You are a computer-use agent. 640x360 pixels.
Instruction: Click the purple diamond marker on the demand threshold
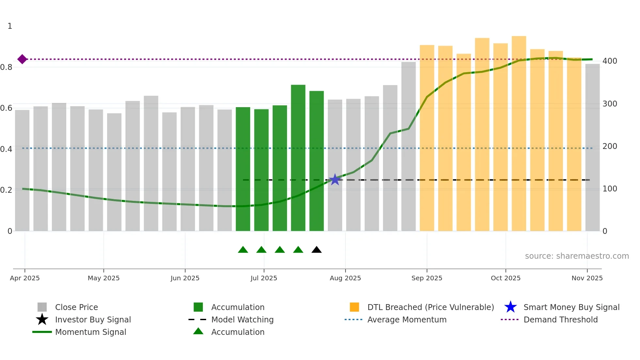22,59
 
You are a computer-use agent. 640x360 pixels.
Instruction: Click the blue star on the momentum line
335,180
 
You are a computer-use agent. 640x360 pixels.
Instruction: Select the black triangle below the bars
316,250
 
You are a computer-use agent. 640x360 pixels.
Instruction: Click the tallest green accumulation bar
298,157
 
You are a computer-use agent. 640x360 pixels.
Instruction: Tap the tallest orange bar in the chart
519,131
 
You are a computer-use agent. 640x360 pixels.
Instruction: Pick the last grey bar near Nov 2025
592,147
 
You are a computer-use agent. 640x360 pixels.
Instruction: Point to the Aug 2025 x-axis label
345,278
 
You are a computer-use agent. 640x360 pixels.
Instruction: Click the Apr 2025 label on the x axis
25,278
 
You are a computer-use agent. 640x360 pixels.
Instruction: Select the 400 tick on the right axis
610,61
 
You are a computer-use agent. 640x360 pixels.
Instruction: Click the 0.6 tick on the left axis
6,108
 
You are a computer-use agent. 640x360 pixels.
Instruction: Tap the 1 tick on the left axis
10,26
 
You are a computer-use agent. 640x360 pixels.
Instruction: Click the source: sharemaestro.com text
577,256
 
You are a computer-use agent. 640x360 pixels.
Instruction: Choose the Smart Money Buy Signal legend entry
571,307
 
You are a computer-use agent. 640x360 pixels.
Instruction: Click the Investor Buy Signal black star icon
42,319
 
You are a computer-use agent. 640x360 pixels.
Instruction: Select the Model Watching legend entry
242,319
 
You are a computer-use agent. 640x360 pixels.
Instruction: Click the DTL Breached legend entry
430,307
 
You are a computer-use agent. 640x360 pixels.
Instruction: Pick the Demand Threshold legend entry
560,319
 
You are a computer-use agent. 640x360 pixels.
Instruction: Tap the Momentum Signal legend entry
90,332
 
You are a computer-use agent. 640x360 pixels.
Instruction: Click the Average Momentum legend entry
407,319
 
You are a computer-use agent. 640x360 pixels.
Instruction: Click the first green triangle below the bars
243,250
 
